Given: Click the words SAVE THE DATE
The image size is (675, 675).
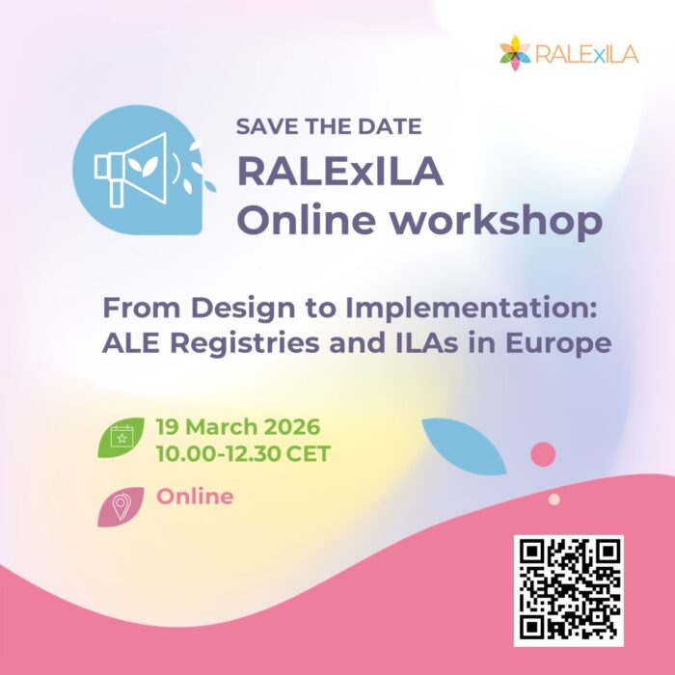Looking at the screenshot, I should [329, 126].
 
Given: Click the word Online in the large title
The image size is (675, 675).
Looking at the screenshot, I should [309, 221].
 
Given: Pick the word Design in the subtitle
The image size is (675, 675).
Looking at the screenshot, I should [233, 310].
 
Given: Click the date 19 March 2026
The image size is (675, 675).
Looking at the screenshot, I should [237, 426].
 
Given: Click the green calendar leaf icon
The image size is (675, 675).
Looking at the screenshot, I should [122, 438].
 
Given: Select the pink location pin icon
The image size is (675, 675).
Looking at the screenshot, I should [121, 505].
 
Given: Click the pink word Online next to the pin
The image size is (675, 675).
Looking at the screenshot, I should [195, 498].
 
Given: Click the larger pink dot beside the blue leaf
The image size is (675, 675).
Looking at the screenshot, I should [544, 453].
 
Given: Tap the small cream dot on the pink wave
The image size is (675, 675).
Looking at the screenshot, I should [553, 499].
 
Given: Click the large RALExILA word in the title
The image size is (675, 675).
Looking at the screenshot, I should [340, 174].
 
